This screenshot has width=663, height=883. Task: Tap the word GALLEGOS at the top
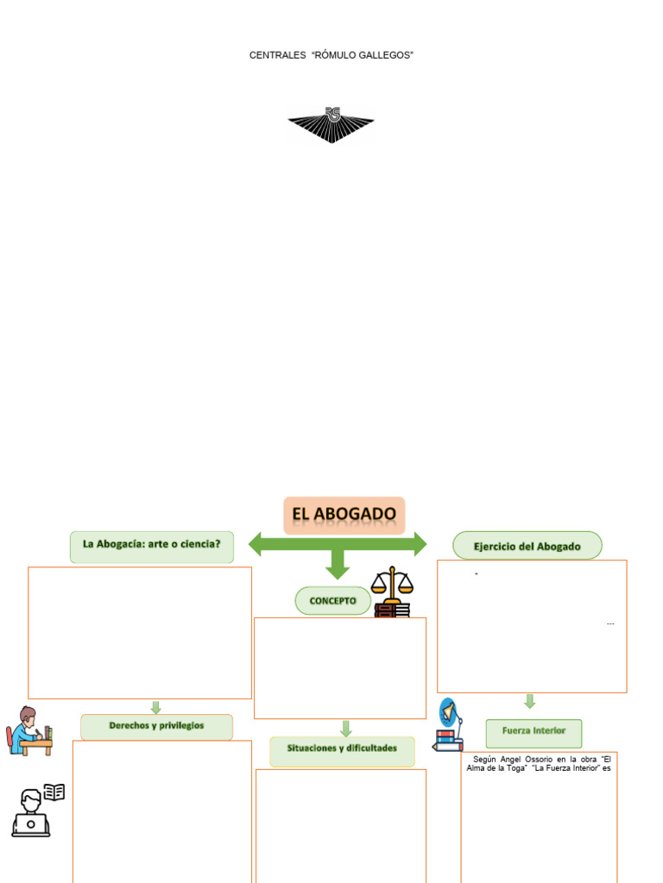[x=388, y=55]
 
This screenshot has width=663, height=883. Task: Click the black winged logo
[x=331, y=123]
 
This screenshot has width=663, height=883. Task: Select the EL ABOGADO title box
[x=344, y=515]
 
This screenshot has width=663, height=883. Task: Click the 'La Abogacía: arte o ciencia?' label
[x=152, y=545]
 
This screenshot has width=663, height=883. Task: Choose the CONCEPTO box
[x=333, y=601]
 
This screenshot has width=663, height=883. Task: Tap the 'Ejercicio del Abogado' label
[x=527, y=547]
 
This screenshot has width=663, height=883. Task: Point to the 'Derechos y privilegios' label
[x=156, y=726]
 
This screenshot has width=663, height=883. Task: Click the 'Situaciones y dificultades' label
[x=342, y=748]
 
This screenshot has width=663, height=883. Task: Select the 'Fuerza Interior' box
[x=534, y=731]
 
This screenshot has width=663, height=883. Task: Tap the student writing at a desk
[x=29, y=730]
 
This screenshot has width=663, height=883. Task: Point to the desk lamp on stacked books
[x=448, y=725]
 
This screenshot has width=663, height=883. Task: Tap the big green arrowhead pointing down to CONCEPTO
[x=338, y=569]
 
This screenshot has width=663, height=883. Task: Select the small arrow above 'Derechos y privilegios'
[x=156, y=706]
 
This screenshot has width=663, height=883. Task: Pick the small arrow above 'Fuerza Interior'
[x=530, y=701]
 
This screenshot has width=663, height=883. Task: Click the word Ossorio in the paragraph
[x=537, y=759]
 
